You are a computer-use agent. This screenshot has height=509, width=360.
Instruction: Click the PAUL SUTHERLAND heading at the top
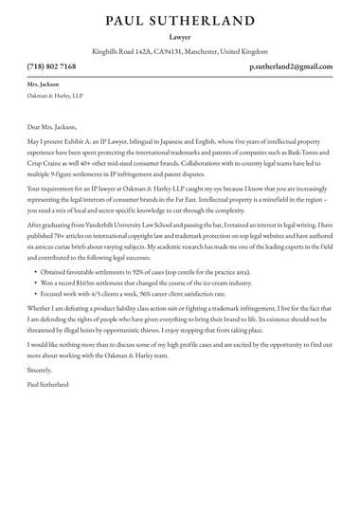pos(180,20)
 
